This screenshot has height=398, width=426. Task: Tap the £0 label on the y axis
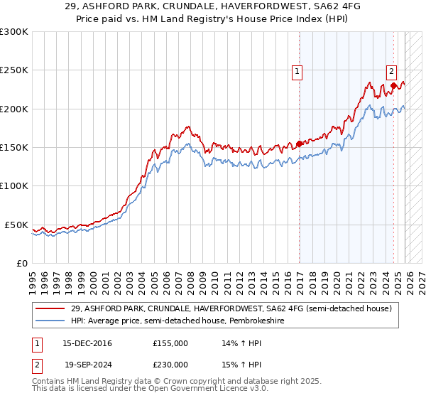point(22,263)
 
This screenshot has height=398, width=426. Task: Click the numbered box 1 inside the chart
point(297,70)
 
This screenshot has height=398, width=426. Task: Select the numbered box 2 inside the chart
point(391,70)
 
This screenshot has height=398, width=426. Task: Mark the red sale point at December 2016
point(299,144)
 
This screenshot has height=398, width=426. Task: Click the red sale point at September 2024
point(393,86)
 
